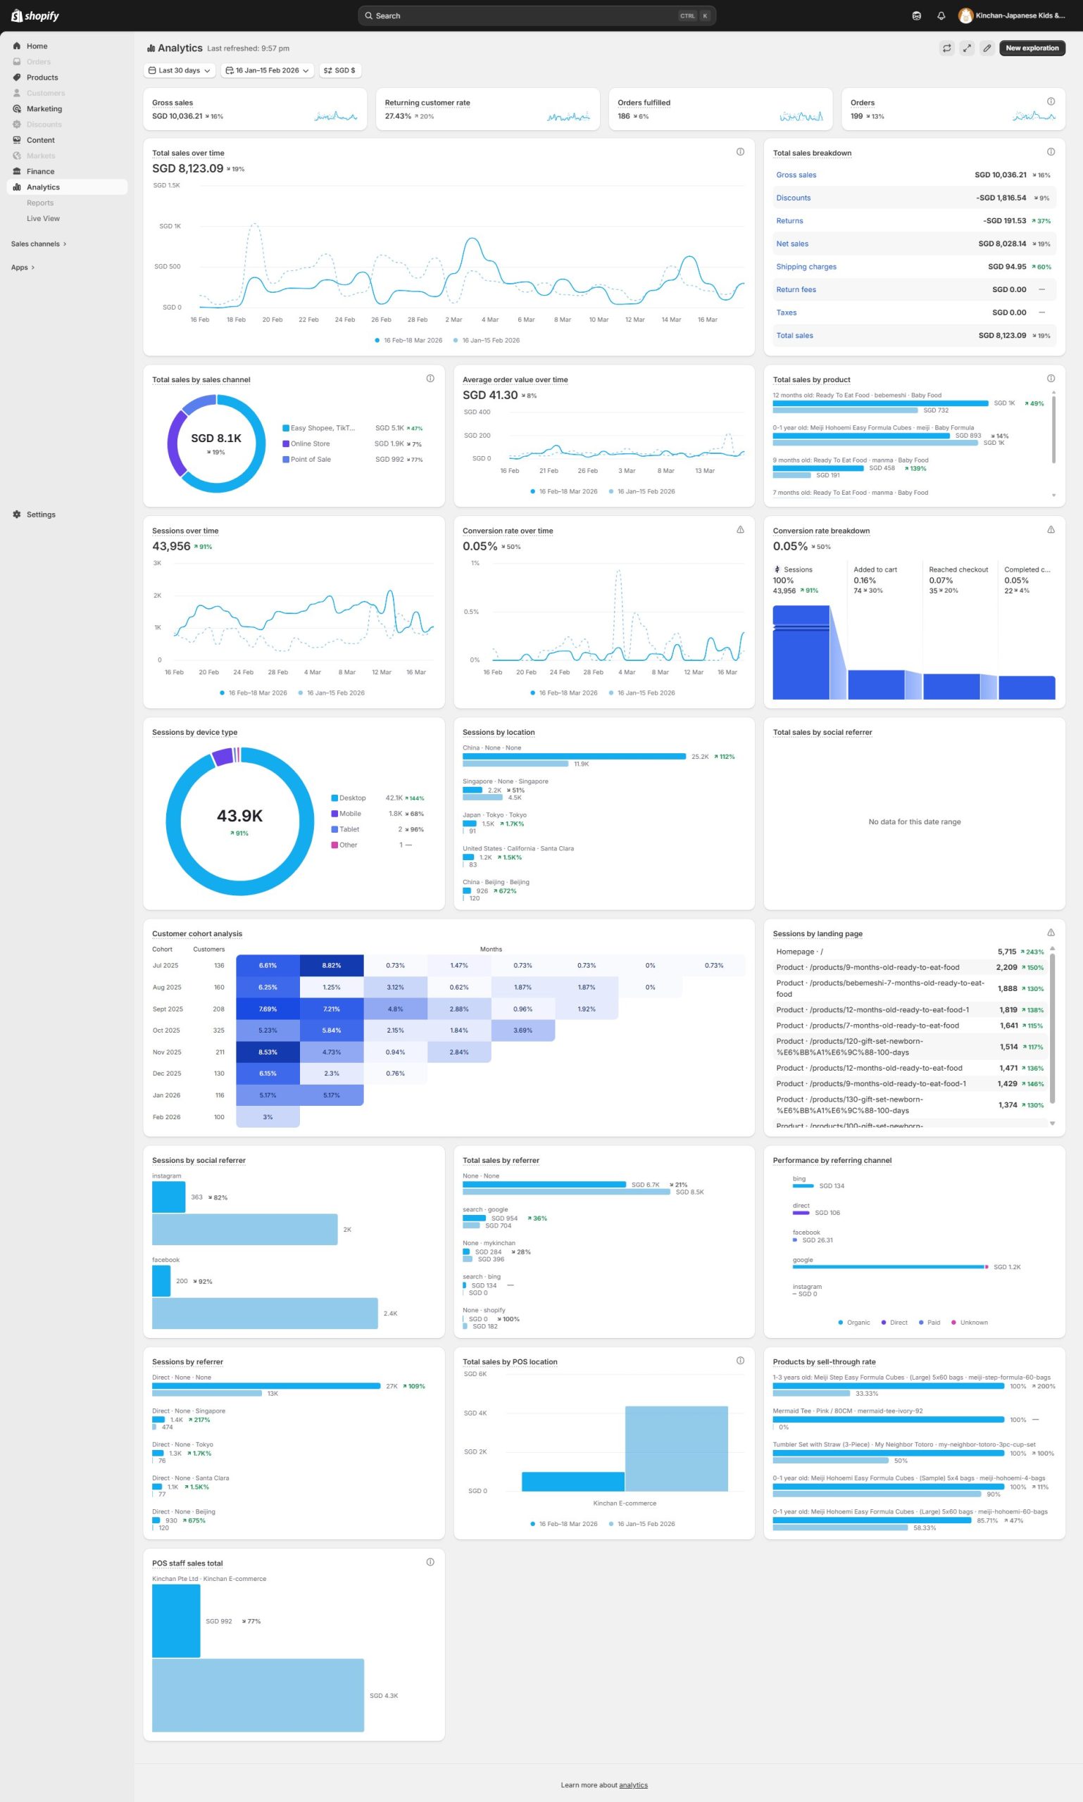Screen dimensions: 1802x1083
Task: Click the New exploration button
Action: tap(1031, 48)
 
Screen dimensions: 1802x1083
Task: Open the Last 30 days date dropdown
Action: tap(180, 71)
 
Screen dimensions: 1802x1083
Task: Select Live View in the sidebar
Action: tap(43, 219)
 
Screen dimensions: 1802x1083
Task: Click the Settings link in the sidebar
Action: tap(40, 515)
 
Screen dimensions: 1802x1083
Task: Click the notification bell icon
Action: tap(941, 16)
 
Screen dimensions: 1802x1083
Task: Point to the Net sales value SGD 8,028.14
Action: tap(1001, 244)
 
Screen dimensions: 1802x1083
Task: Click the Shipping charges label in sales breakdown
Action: tap(806, 267)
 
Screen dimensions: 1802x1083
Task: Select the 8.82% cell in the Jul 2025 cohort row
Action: tap(332, 965)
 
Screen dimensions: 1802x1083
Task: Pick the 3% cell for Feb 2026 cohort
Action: tap(268, 1117)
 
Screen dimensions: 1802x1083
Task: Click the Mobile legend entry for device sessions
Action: tap(349, 814)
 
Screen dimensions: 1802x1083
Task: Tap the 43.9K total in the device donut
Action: tap(239, 816)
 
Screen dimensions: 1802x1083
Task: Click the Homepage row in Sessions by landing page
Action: tap(799, 952)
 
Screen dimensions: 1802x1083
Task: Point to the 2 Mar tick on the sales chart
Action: tap(453, 320)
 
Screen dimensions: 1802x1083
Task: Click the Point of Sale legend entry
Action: tap(310, 460)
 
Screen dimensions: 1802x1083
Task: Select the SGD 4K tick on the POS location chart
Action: tap(475, 1413)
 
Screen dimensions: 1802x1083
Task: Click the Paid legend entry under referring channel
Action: tap(933, 1323)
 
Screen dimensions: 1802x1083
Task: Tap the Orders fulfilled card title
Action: tap(644, 103)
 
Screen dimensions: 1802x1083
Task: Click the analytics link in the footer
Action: tap(633, 1785)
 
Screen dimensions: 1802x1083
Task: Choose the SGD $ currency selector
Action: tap(340, 71)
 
